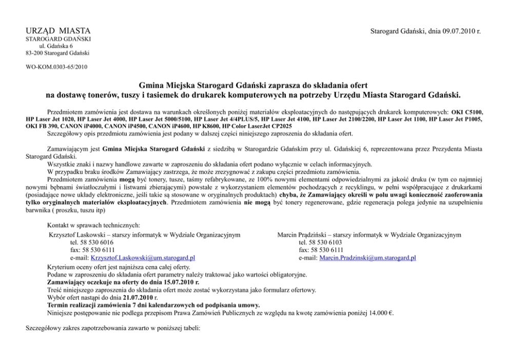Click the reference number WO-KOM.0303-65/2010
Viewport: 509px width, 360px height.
[56, 67]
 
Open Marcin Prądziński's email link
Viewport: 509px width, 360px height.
[367, 258]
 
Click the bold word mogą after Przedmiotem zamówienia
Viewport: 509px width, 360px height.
[127, 179]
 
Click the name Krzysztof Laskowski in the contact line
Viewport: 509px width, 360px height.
[79, 235]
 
